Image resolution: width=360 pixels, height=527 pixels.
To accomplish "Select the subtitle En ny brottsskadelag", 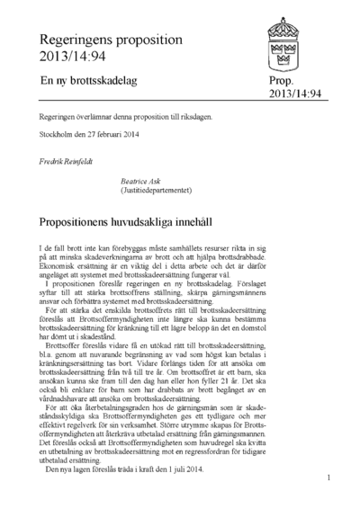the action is pos(90,81).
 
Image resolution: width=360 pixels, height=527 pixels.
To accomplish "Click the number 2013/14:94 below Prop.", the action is pos(295,94).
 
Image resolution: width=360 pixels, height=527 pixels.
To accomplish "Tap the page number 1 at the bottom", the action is pos(330,478).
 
